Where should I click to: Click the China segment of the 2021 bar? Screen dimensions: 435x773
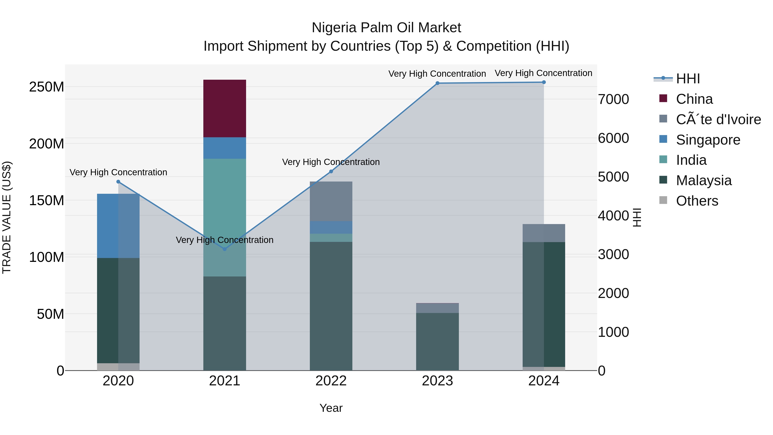click(224, 108)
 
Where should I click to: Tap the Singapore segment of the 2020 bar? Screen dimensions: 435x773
click(118, 226)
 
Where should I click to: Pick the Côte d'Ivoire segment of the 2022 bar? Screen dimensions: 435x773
click(331, 201)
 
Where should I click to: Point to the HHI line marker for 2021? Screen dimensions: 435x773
click(224, 249)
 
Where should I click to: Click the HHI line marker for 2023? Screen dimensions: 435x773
click(437, 83)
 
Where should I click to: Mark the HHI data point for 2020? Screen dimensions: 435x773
click(118, 182)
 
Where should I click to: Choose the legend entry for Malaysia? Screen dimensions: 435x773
click(703, 180)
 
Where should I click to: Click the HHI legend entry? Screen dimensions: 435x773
click(688, 79)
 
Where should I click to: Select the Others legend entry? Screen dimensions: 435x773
click(697, 201)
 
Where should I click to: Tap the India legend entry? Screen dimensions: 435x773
click(691, 160)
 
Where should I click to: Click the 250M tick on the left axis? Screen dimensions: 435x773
click(47, 87)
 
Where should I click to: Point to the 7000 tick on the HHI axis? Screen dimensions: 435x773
click(613, 99)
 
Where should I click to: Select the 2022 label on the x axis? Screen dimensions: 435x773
click(331, 381)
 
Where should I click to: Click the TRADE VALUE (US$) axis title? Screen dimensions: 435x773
click(7, 217)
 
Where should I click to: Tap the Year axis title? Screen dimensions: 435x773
click(331, 408)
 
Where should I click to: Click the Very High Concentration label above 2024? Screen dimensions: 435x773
click(543, 73)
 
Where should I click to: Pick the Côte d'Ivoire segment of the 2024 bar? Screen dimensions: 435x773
click(543, 233)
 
